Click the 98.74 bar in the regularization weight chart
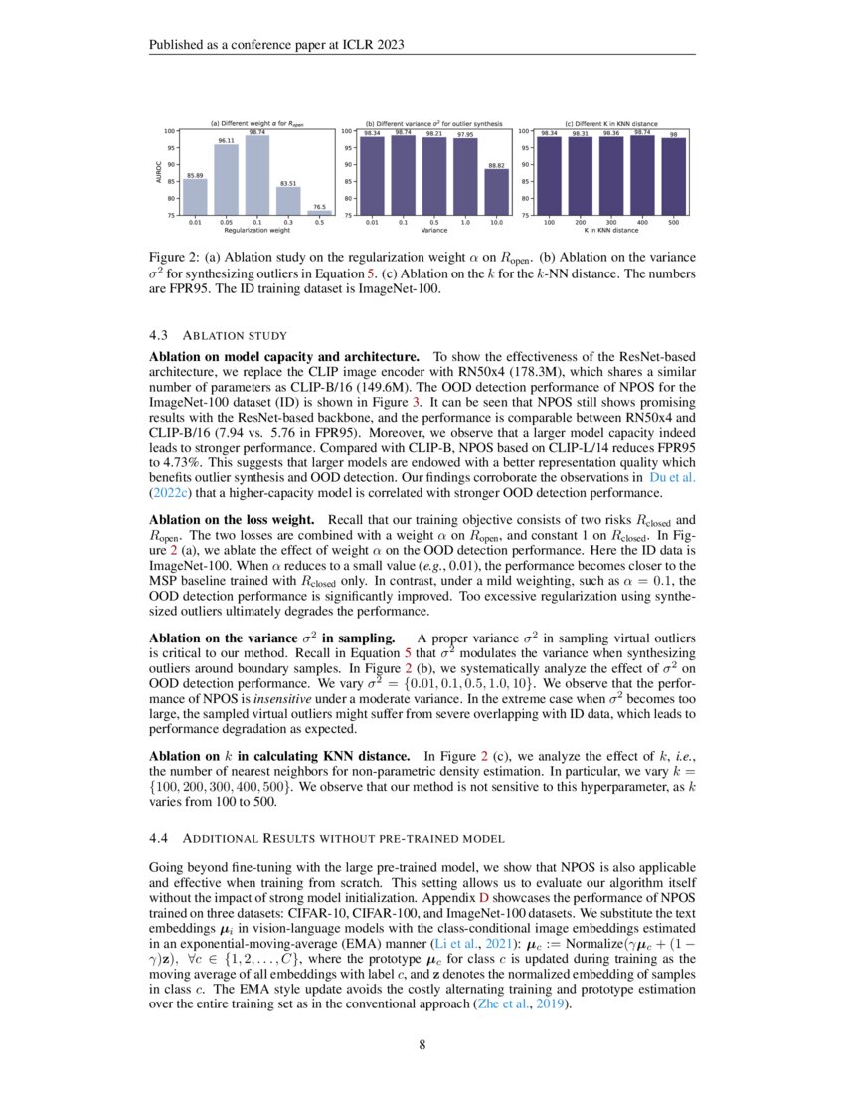(256, 175)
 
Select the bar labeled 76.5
(318, 212)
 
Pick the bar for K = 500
(673, 176)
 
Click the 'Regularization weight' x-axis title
(256, 230)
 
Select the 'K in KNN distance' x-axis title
(611, 230)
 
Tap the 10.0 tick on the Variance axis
(494, 222)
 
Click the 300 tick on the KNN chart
(611, 222)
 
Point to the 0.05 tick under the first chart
(226, 222)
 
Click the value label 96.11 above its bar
(226, 141)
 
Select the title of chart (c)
(611, 122)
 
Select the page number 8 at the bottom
(422, 1045)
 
